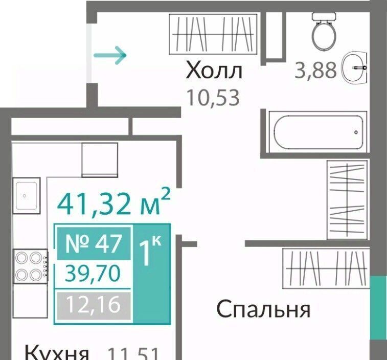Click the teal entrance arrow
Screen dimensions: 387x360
[x=110, y=55]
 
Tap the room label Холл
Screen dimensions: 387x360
[x=214, y=70]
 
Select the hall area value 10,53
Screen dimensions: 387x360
[x=213, y=98]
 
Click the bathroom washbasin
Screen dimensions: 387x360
[x=355, y=67]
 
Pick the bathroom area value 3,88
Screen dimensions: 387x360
[x=316, y=70]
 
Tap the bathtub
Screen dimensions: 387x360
[x=318, y=132]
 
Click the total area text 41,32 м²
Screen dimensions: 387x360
[x=114, y=204]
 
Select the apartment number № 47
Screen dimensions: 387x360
[x=94, y=243]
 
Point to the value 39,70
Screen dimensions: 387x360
[x=93, y=273]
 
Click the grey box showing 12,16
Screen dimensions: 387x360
[x=94, y=305]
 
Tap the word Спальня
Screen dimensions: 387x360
[x=263, y=309]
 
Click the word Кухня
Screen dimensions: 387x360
[x=57, y=353]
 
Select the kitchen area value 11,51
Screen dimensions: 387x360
[x=133, y=353]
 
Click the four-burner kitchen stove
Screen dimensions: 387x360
[x=31, y=266]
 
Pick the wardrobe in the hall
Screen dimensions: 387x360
[x=213, y=34]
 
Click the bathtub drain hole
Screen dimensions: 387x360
[x=356, y=132]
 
